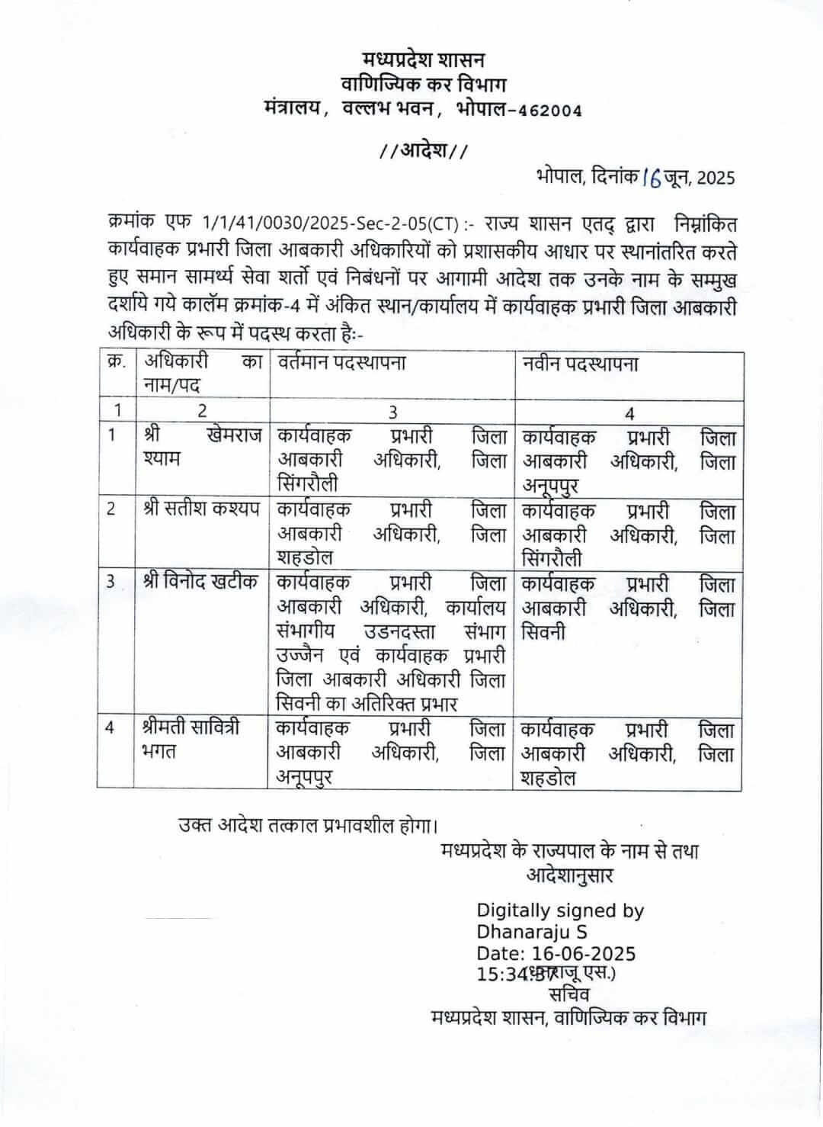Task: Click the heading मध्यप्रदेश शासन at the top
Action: pos(423,59)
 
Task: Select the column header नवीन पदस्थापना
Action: pos(581,363)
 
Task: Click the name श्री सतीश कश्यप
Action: pos(202,509)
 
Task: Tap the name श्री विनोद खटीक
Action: pos(202,582)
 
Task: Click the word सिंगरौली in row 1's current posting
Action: pos(307,484)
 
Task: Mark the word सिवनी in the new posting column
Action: pos(543,632)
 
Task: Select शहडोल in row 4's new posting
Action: pos(549,779)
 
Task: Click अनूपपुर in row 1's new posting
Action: pos(550,486)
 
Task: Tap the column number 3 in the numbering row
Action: pos(392,412)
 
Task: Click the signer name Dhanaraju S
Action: pos(532,932)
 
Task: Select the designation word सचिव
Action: pos(568,995)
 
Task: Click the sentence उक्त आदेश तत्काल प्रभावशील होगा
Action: pos(309,824)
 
